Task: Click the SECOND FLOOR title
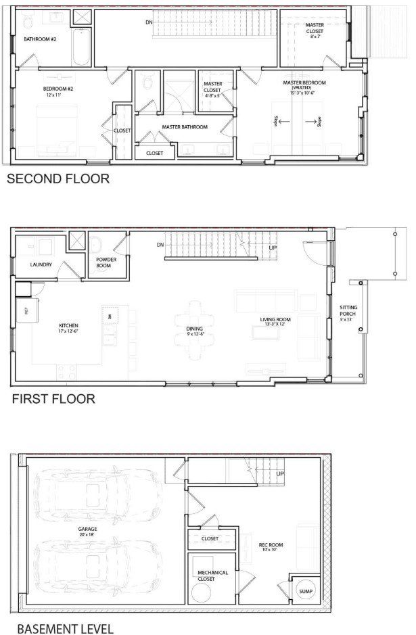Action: (57, 179)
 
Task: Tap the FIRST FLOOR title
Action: (53, 399)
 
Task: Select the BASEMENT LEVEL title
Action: (65, 628)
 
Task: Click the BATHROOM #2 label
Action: (41, 39)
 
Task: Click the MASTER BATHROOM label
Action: (184, 126)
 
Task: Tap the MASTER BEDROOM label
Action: (304, 83)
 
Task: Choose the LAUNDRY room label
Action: (41, 264)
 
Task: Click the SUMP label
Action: (306, 591)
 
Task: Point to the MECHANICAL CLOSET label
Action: (212, 575)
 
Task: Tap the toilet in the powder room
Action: (95, 244)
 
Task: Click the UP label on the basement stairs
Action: (280, 474)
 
